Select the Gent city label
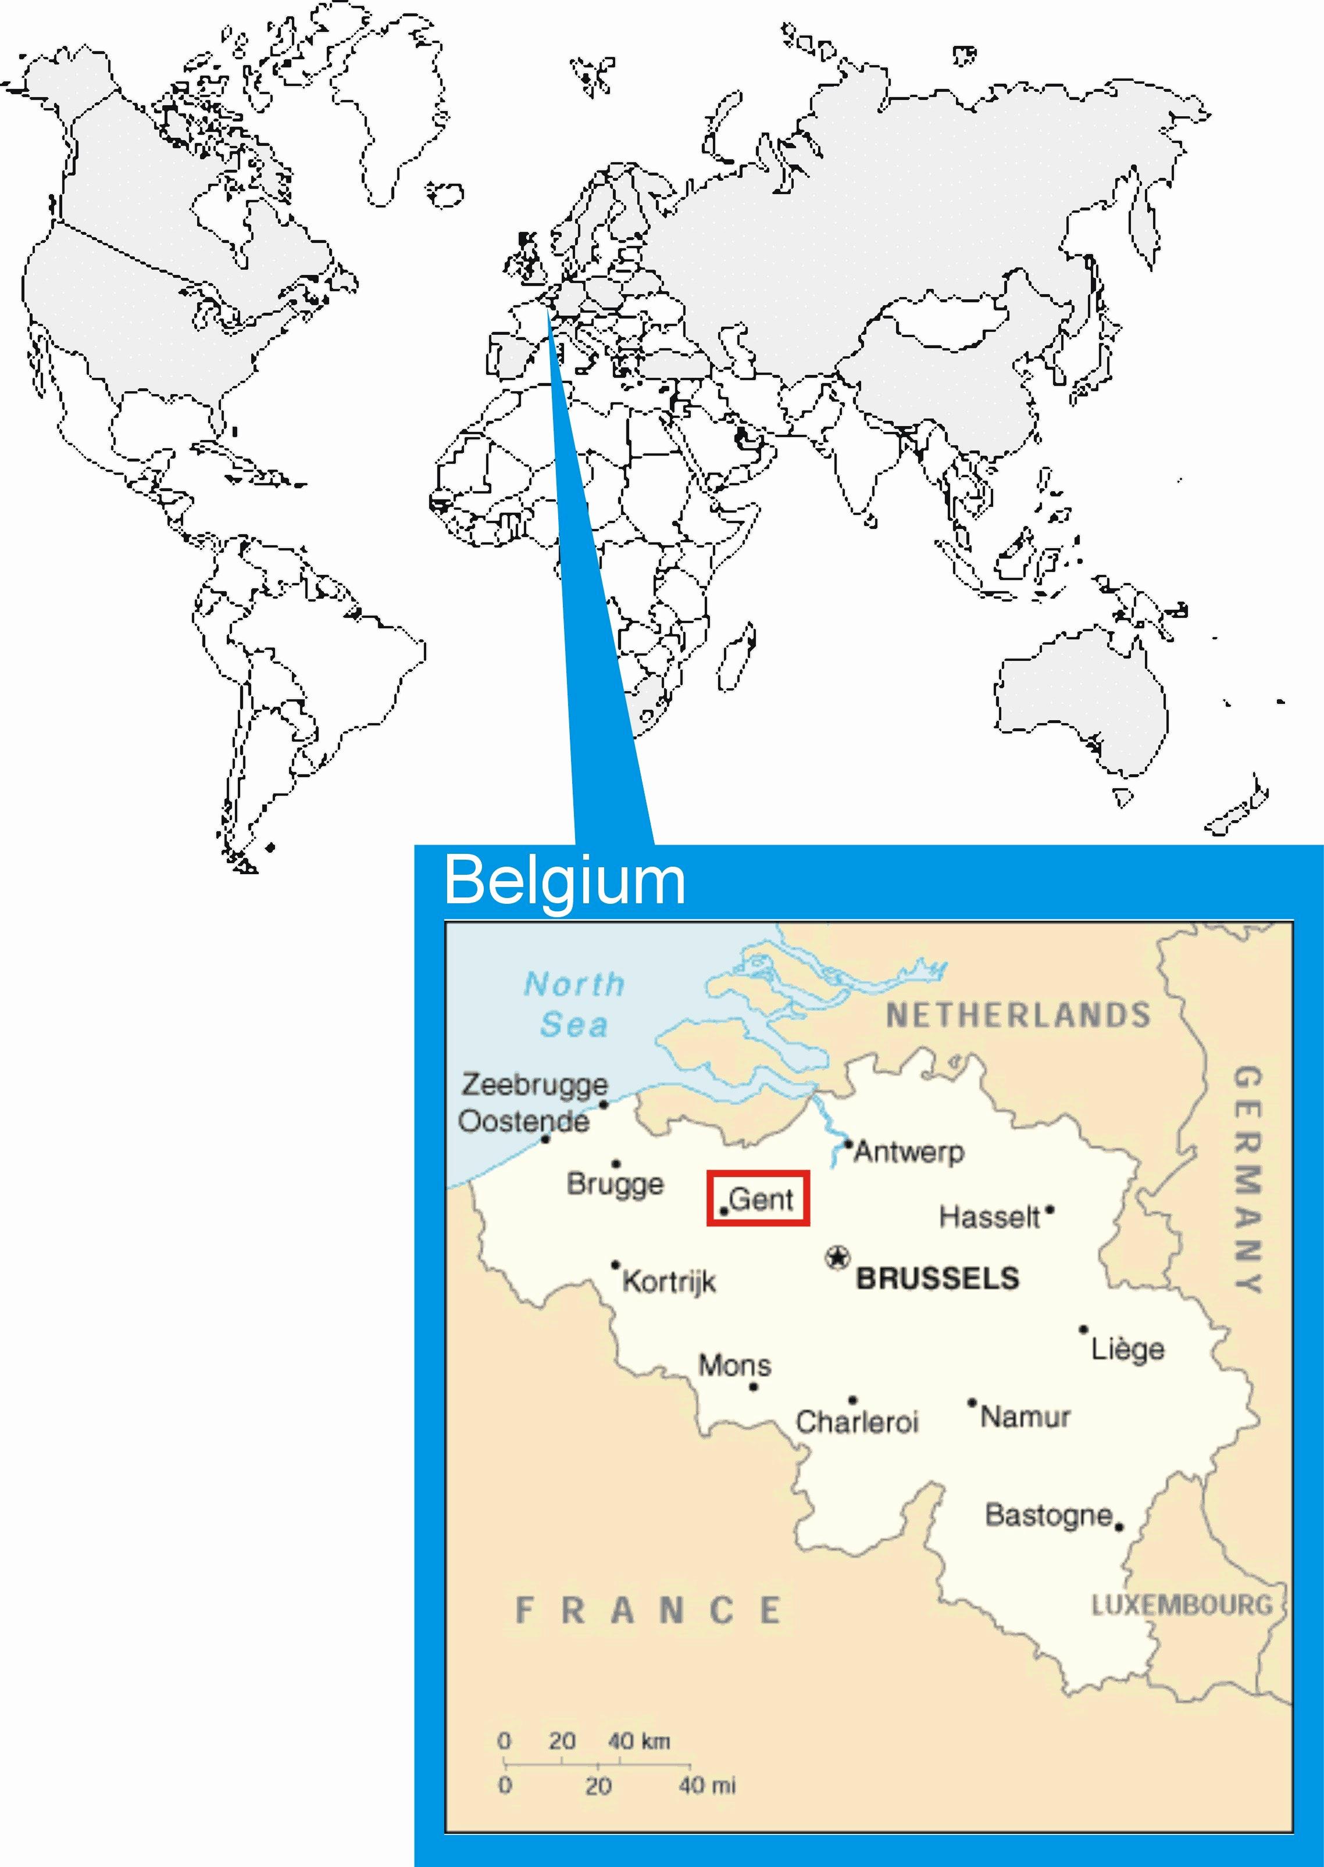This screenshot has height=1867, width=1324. pyautogui.click(x=762, y=1199)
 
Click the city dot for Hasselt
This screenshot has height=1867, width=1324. pyautogui.click(x=1050, y=1210)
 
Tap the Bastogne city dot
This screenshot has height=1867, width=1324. pyautogui.click(x=1119, y=1526)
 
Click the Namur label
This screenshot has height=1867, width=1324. pyautogui.click(x=1025, y=1417)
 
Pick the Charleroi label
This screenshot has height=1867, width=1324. pyautogui.click(x=857, y=1422)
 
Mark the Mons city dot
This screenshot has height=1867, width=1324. pyautogui.click(x=754, y=1386)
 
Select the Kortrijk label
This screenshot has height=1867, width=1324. pyautogui.click(x=669, y=1282)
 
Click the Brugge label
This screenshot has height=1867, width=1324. pyautogui.click(x=616, y=1184)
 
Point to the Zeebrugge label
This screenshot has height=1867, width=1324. pyautogui.click(x=535, y=1085)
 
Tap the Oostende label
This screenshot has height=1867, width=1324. pyautogui.click(x=523, y=1121)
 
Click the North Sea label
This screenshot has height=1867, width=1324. pyautogui.click(x=574, y=1004)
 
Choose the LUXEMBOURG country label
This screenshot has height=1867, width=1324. pyautogui.click(x=1182, y=1605)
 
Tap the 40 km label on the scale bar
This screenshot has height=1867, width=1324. pyautogui.click(x=638, y=1741)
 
